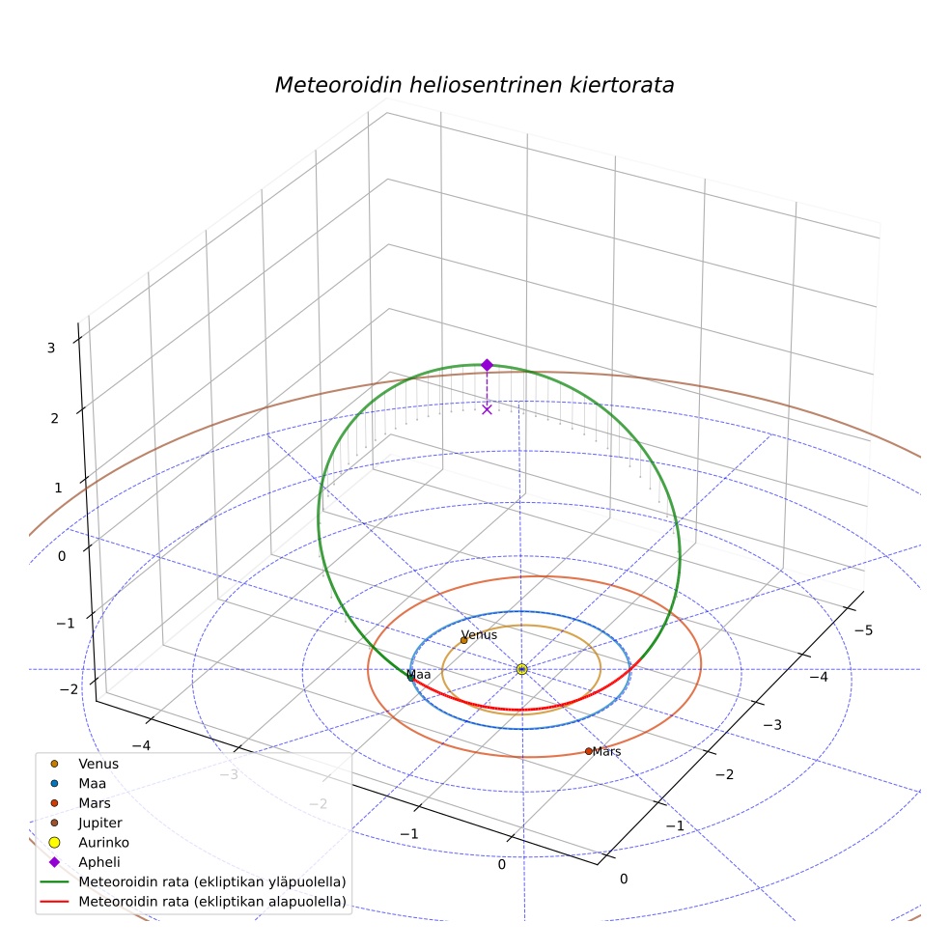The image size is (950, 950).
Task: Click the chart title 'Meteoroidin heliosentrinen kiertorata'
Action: pyautogui.click(x=474, y=85)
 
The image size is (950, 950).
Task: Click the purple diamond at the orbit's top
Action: pyautogui.click(x=488, y=365)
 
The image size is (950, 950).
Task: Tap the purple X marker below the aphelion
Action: pyautogui.click(x=488, y=409)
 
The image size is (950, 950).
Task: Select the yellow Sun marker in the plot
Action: pyautogui.click(x=521, y=669)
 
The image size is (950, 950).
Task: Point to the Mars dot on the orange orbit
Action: pyautogui.click(x=588, y=751)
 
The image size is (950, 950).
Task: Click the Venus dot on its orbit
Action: pyautogui.click(x=464, y=640)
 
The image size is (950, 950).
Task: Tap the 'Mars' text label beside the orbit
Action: pyautogui.click(x=607, y=751)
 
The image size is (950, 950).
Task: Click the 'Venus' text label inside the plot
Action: pyautogui.click(x=479, y=634)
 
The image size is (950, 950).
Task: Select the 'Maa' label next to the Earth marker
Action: pyautogui.click(x=419, y=674)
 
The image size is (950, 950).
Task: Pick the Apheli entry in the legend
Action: pyautogui.click(x=85, y=862)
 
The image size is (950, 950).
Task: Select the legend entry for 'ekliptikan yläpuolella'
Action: pyautogui.click(x=193, y=881)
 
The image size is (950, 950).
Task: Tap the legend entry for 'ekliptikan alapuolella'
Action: pyautogui.click(x=193, y=902)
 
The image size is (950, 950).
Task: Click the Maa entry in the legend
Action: pyautogui.click(x=78, y=783)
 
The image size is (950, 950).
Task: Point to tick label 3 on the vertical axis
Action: pyautogui.click(x=51, y=348)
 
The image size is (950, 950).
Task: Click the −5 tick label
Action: pyautogui.click(x=863, y=630)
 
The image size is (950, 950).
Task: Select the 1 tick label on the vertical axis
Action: pyautogui.click(x=58, y=488)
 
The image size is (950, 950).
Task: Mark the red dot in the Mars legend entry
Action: pyautogui.click(x=54, y=803)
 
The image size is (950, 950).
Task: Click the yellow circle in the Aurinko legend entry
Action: pyautogui.click(x=54, y=842)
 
